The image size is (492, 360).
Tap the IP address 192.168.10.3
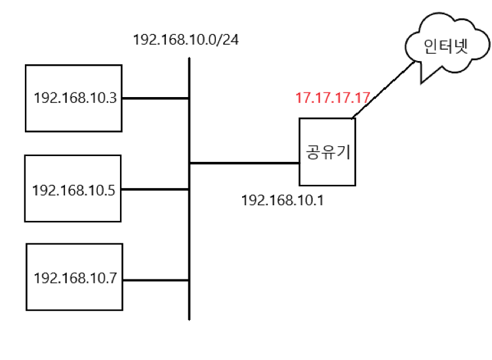coord(75,99)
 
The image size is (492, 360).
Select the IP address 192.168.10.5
coord(73,191)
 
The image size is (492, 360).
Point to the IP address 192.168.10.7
coord(75,278)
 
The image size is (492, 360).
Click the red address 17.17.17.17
coord(333,99)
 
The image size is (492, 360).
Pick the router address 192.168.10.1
coord(283,199)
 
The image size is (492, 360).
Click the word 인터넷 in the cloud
coord(442,47)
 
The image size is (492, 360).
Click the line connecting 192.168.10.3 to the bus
coord(155,99)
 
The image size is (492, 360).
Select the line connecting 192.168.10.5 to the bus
coord(155,190)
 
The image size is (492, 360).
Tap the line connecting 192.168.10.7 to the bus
coord(155,280)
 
